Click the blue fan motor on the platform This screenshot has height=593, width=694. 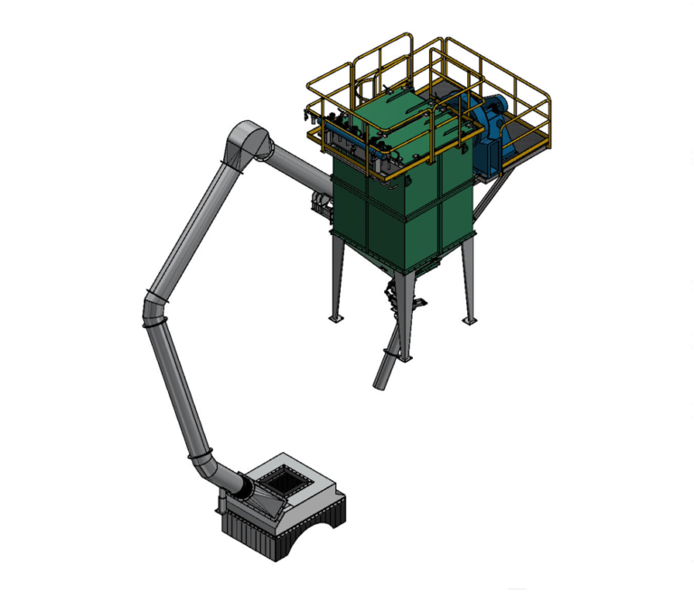tap(495, 126)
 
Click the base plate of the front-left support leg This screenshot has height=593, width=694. tap(337, 318)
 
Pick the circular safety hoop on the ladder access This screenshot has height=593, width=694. tap(367, 87)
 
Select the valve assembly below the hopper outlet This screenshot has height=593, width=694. tap(392, 294)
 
